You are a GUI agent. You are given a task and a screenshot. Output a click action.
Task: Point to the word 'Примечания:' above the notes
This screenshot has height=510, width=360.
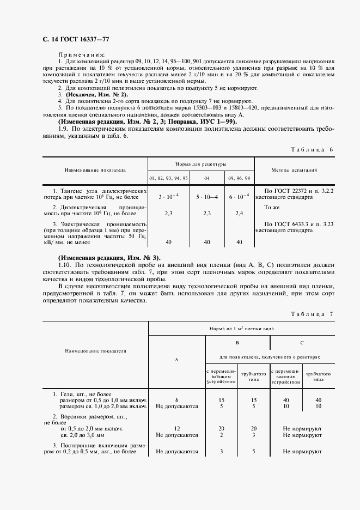coord(82,54)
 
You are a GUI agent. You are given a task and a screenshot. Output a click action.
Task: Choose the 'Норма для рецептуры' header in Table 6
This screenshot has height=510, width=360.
coord(200,163)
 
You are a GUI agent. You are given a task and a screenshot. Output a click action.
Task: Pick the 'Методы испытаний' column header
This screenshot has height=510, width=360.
coord(294,170)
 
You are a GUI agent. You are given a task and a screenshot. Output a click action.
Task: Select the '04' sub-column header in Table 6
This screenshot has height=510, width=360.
coord(206,178)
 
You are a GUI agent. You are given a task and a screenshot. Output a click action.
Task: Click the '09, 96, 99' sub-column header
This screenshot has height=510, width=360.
coord(239,178)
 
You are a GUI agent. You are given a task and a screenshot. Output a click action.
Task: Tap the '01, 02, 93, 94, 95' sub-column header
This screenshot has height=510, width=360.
coord(168,178)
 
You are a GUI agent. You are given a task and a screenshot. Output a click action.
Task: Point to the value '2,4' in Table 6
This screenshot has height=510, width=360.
coord(239,214)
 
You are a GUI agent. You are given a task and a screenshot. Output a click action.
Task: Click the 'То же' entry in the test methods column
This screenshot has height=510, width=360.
coord(271,208)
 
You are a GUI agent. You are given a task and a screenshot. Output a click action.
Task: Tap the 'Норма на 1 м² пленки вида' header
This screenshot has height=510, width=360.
coord(238,329)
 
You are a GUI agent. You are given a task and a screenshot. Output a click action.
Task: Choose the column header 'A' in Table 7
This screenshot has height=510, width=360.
coord(176,360)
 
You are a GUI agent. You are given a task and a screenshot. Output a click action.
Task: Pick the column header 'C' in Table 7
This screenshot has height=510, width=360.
coord(302,343)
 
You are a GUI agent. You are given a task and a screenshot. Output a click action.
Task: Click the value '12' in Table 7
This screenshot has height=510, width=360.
coord(176,428)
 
